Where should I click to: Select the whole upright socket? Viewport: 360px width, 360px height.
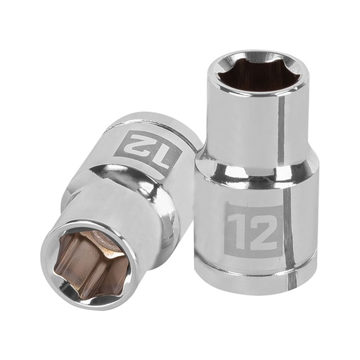coord(257,176)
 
